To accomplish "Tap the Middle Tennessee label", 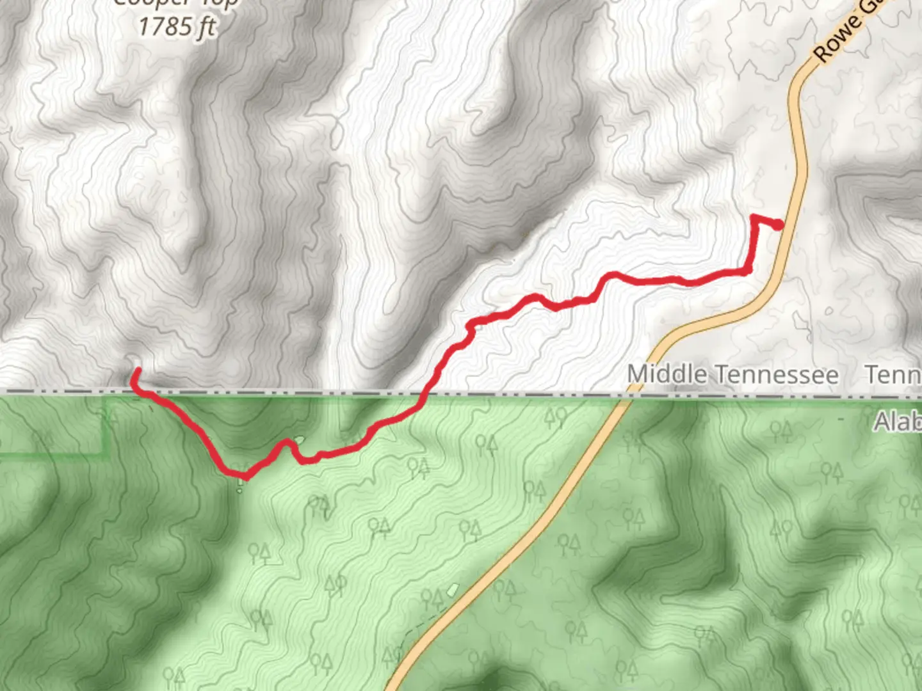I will coord(732,375).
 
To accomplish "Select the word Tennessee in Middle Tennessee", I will coord(776,375).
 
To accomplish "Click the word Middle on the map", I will coord(668,375).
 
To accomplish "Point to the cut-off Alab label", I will coord(898,422).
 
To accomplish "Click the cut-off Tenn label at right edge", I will coord(893,375).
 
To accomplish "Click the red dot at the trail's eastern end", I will coord(778,225).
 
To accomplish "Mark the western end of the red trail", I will coord(137,371).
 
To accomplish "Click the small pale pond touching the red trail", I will coord(298,441).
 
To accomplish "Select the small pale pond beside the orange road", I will coord(453,588).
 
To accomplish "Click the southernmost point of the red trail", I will coord(245,476).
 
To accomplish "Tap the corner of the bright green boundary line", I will coord(105,454).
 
